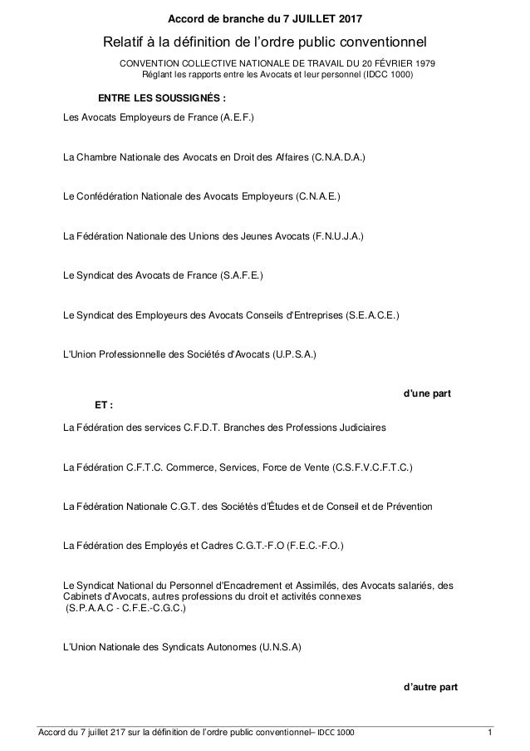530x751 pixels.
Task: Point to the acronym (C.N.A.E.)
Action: tap(318, 196)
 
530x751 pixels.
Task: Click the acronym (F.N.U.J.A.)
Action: tap(337, 235)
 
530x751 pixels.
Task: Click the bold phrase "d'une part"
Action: tap(427, 392)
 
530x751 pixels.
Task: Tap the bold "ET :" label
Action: tap(105, 405)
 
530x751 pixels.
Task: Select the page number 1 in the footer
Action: tap(491, 731)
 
